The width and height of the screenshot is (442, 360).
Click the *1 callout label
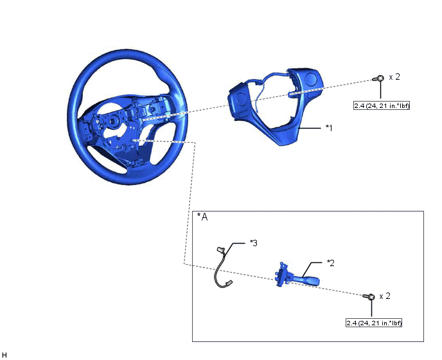329,128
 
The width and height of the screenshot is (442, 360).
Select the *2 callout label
330,263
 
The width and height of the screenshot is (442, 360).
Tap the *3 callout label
253,243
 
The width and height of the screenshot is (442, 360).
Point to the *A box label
202,217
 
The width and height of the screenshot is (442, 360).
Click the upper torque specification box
382,105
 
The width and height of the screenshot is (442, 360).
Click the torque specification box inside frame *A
374,323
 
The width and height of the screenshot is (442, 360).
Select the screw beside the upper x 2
378,78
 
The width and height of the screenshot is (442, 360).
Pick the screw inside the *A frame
369,296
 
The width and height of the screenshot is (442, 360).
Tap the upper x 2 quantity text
394,76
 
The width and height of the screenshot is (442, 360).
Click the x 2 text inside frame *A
385,296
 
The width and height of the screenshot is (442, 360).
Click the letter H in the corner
4,355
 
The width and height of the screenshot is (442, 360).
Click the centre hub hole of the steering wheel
113,122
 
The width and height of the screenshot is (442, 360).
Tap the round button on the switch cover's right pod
311,78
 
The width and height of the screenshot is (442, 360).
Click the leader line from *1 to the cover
310,129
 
